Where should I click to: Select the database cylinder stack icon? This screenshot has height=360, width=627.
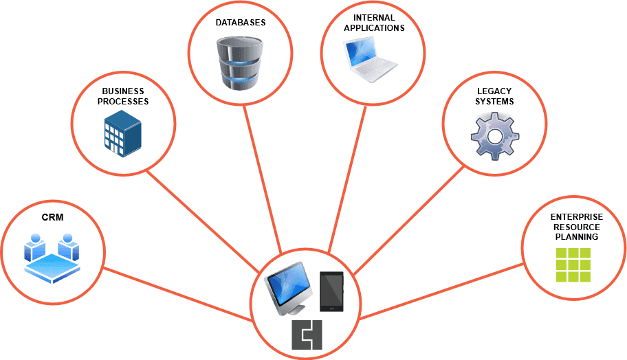(x=240, y=63)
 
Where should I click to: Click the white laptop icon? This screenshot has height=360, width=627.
(x=371, y=60)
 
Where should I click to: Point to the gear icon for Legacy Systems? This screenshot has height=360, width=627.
(x=494, y=136)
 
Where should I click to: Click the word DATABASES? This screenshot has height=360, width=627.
(x=240, y=23)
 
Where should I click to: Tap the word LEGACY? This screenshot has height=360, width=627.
(x=494, y=91)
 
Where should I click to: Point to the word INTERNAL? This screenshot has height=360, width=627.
(x=374, y=18)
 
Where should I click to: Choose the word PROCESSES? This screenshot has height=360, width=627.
(x=122, y=101)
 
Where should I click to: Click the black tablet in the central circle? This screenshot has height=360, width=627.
(x=332, y=290)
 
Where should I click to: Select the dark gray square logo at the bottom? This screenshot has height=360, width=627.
(x=307, y=335)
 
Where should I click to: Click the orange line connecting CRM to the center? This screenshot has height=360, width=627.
(x=179, y=293)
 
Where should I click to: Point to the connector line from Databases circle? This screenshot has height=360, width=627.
(x=263, y=179)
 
